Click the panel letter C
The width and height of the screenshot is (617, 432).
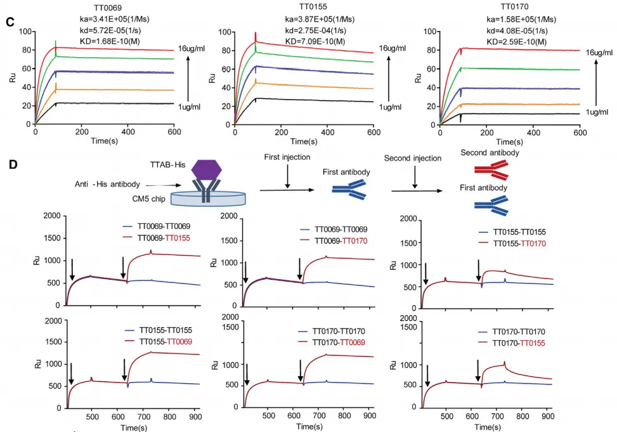[10, 22]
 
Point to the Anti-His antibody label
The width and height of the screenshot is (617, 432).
[107, 184]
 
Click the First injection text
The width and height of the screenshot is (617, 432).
[288, 157]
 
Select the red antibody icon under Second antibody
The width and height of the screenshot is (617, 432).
[491, 168]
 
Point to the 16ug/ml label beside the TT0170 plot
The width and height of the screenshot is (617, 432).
[599, 52]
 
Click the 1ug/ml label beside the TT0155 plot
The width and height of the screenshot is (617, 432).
[391, 107]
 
